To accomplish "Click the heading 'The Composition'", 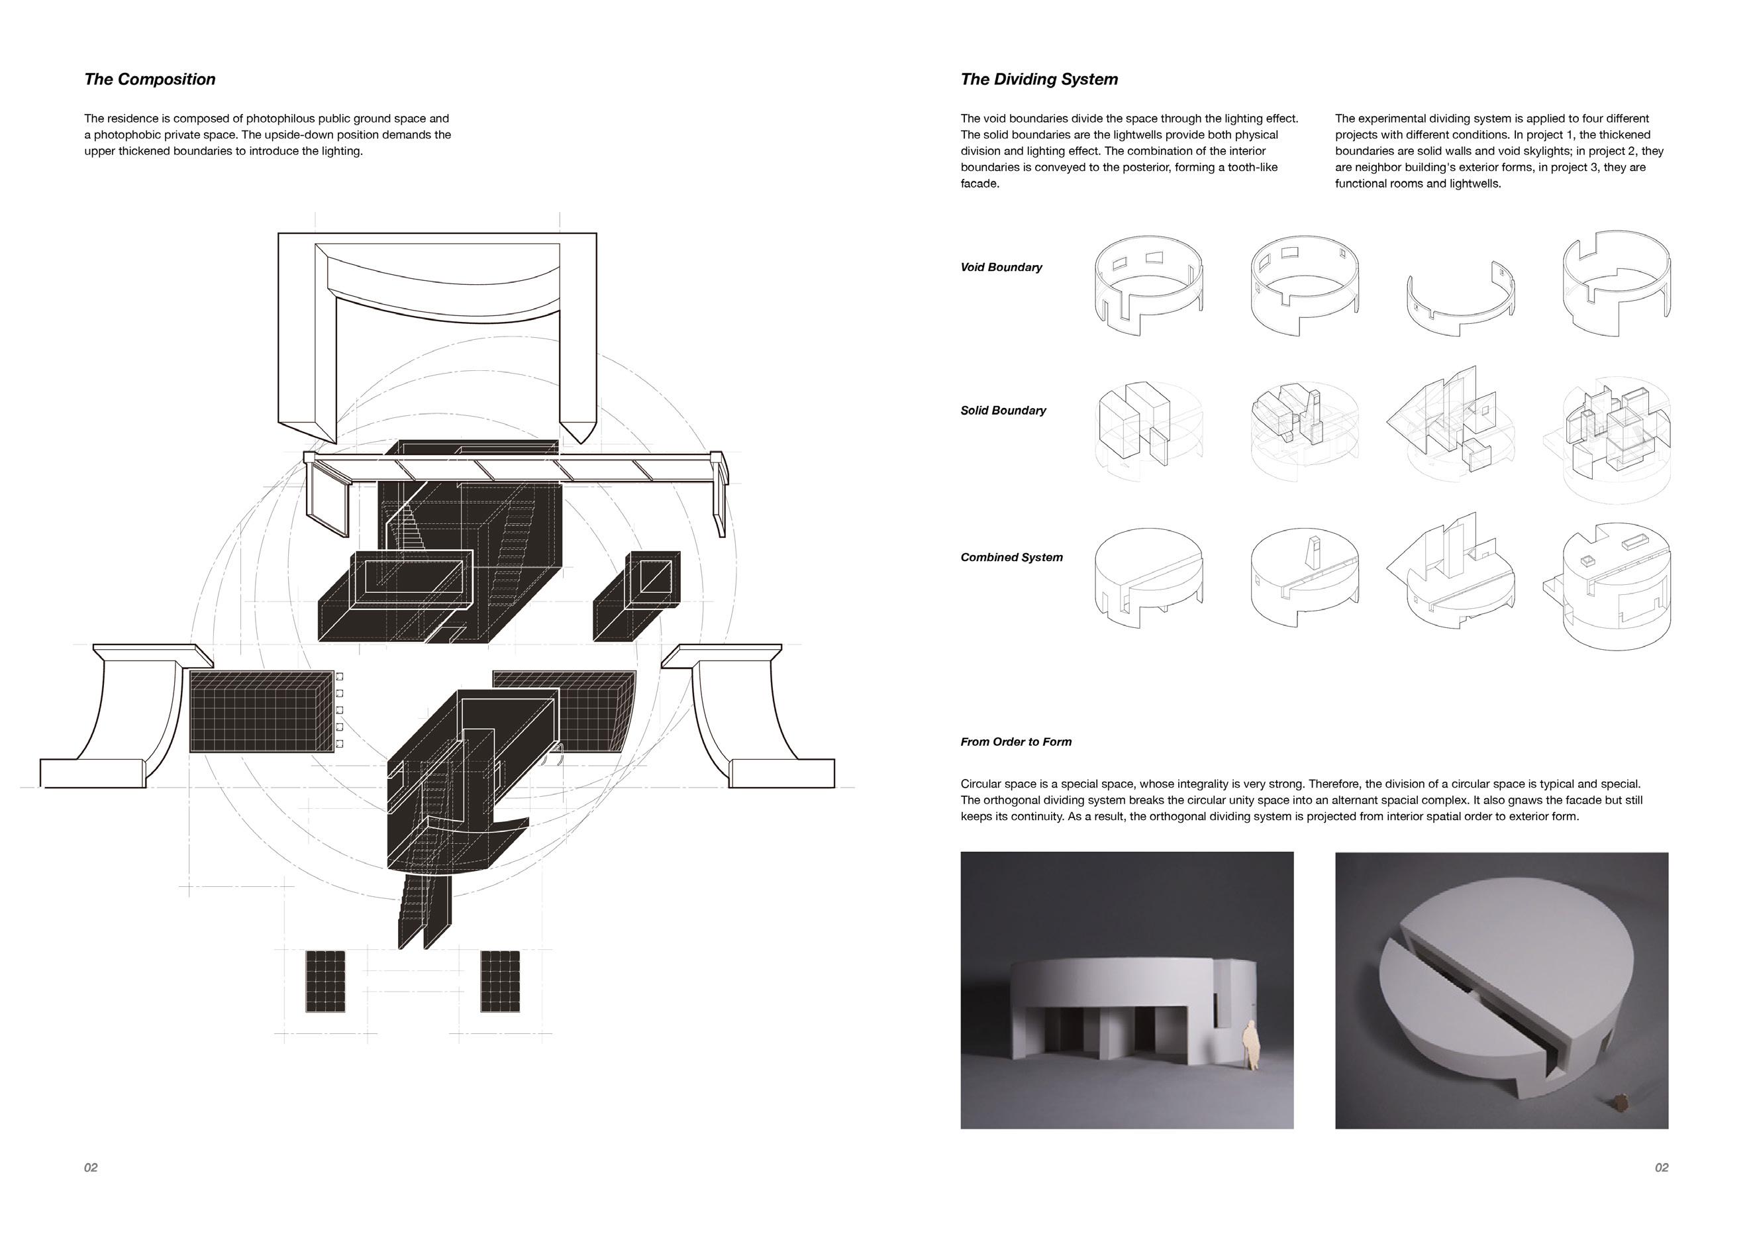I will tap(150, 79).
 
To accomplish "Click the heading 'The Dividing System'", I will tap(1039, 79).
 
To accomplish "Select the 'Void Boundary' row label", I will tap(1001, 267).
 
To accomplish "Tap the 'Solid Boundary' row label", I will tap(1003, 411).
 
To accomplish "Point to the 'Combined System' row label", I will tap(1011, 557).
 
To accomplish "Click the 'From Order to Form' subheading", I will tap(1015, 742).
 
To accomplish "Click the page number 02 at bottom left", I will tap(91, 1167).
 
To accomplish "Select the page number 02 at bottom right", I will tap(1662, 1167).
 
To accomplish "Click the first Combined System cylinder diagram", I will tap(1148, 577).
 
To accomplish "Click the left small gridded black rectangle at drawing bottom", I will tap(325, 982).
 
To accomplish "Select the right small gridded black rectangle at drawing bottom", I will tap(500, 982).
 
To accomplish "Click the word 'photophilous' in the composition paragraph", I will tap(280, 119).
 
